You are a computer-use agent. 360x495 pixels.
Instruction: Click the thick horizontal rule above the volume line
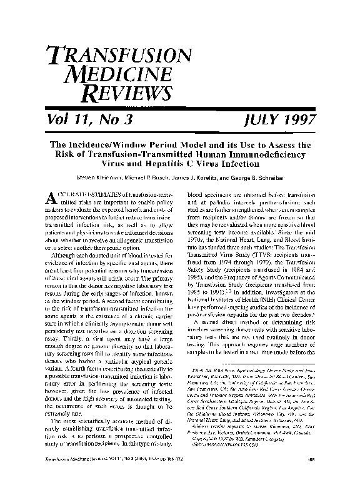click(x=179, y=111)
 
